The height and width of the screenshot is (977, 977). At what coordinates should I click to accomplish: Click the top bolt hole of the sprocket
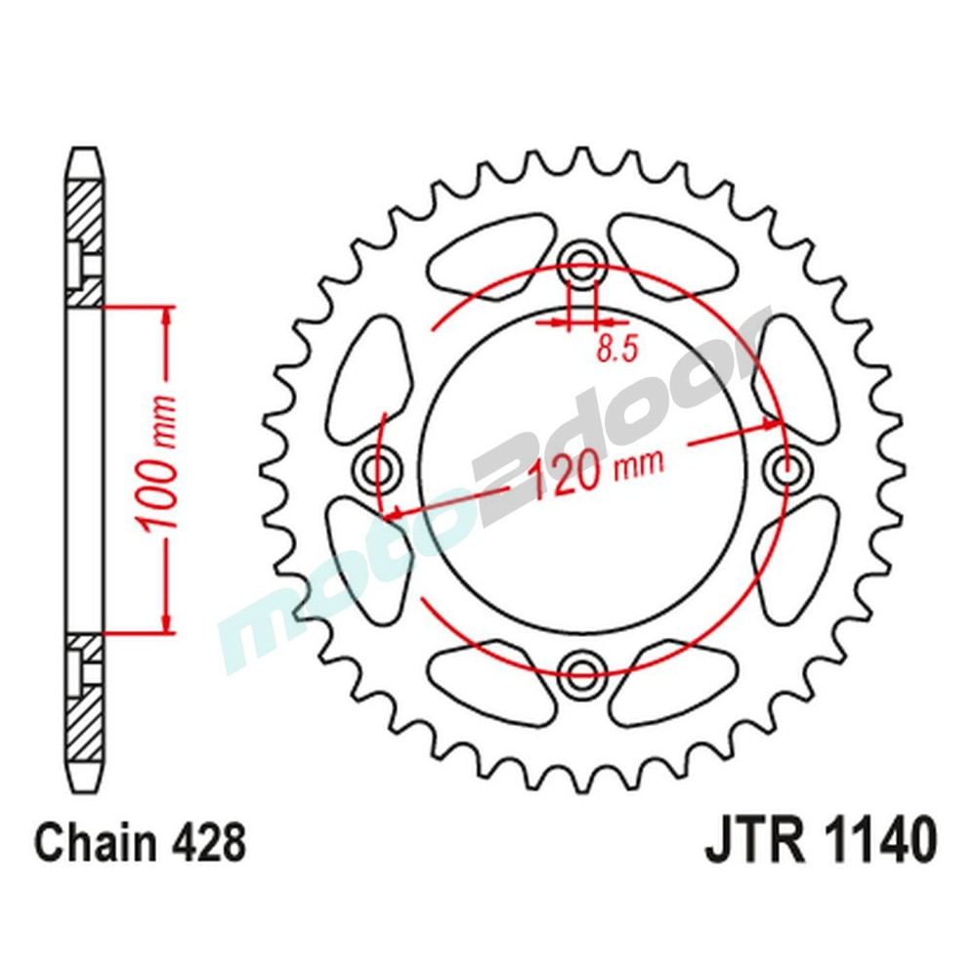pyautogui.click(x=582, y=262)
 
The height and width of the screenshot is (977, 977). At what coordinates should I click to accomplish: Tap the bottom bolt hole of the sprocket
pyautogui.click(x=582, y=668)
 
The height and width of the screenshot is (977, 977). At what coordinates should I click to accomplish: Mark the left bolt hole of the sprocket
pyautogui.click(x=377, y=469)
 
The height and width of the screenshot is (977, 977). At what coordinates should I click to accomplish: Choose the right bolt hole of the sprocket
pyautogui.click(x=787, y=470)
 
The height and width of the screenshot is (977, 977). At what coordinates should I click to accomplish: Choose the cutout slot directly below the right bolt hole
pyautogui.click(x=796, y=562)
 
